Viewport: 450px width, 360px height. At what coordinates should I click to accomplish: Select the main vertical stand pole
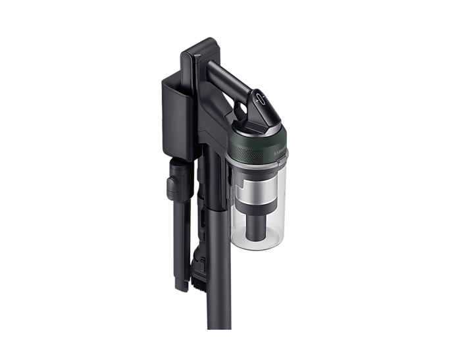(x=219, y=276)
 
